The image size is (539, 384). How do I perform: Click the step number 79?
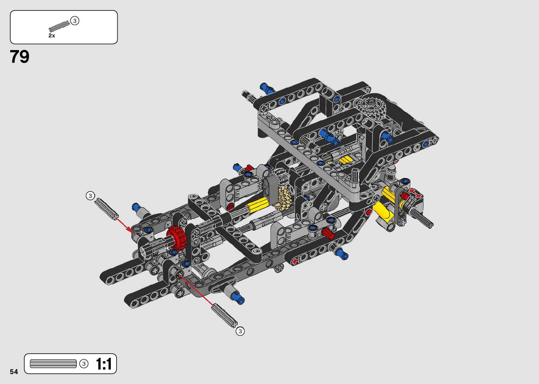[x=19, y=57]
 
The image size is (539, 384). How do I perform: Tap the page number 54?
[x=14, y=372]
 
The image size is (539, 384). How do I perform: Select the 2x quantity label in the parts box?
[x=52, y=36]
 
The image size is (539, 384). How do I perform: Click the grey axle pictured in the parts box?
[x=59, y=26]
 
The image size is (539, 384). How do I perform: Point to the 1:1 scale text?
[x=104, y=364]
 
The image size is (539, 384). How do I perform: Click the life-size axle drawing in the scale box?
[x=53, y=364]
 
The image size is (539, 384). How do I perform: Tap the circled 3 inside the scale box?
[x=84, y=364]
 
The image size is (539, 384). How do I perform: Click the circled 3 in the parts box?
[x=75, y=21]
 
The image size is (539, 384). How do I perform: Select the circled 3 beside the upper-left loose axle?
[x=90, y=196]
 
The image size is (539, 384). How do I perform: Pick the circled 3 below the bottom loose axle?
[x=240, y=331]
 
